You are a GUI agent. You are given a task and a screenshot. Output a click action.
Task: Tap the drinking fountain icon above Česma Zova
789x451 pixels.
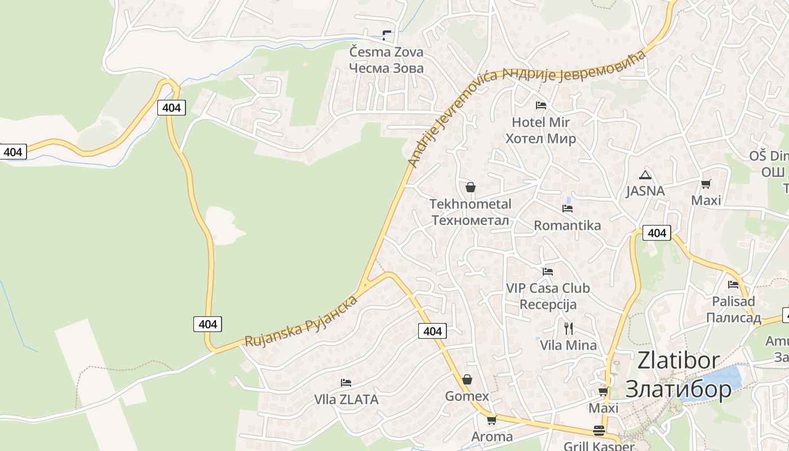[386, 35]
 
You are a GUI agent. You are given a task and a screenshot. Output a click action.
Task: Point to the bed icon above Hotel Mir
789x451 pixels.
[541, 105]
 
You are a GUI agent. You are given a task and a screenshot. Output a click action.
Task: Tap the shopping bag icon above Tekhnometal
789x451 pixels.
[471, 187]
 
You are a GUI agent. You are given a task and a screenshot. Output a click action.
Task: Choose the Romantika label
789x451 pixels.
[567, 225]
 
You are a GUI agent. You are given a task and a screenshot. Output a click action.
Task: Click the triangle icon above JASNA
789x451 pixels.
[645, 175]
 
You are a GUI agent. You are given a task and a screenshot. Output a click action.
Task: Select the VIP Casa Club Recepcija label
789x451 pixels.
[548, 296]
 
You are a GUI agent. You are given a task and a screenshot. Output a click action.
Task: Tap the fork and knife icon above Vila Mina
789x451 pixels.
[568, 328]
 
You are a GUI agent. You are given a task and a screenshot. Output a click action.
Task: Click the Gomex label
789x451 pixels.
[467, 396]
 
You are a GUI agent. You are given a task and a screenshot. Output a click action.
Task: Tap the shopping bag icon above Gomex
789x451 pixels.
[467, 379]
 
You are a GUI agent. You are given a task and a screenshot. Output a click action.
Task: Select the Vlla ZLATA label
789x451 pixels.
[346, 400]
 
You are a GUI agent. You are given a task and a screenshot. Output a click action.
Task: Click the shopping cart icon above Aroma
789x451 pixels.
[491, 420]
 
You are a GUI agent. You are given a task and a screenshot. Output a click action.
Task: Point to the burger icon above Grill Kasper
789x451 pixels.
[599, 431]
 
